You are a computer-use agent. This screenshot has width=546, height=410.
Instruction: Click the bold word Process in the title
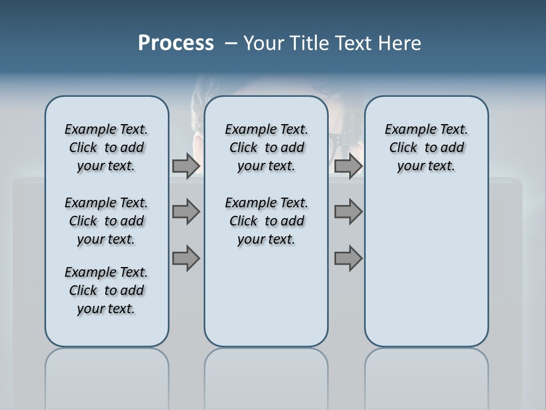point(176,43)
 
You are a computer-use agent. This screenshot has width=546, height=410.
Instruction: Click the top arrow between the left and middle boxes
point(186,166)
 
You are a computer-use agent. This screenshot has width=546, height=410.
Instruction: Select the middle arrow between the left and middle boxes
point(186,212)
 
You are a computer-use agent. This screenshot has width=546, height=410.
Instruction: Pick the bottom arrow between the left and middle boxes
point(186,258)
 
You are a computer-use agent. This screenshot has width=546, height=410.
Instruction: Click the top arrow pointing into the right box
point(348,166)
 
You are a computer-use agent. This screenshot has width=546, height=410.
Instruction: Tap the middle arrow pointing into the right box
point(348,212)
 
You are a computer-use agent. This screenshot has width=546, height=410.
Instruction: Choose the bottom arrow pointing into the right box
point(348,258)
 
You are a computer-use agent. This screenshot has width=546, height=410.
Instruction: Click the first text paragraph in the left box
point(106,147)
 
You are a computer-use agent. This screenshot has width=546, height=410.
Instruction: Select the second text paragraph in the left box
point(106,221)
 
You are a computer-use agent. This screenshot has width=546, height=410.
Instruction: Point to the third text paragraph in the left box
point(106,290)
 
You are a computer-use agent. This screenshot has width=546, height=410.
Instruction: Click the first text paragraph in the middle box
point(266,147)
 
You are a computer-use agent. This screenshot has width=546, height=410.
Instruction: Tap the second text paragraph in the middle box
point(266,221)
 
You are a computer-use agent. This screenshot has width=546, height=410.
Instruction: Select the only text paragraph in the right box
point(426,147)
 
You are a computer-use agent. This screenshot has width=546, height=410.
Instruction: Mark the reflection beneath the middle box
point(266,376)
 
